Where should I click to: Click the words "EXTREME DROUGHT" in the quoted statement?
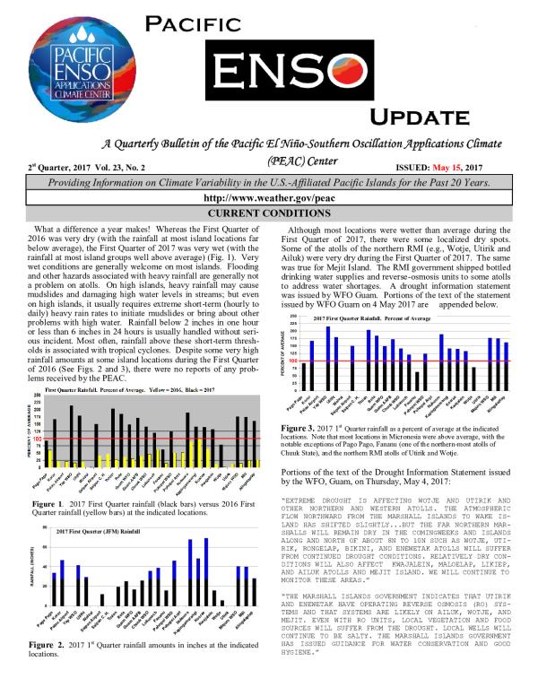(322, 499)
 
